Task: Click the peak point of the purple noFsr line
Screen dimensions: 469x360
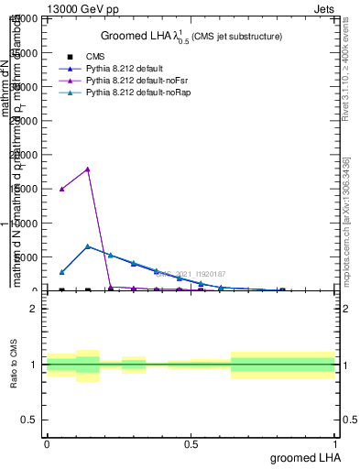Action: coord(87,169)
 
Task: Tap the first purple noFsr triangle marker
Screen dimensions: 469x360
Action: coord(61,189)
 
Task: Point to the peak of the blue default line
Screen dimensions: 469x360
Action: coord(87,245)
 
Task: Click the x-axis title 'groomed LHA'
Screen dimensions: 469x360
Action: coord(303,457)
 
